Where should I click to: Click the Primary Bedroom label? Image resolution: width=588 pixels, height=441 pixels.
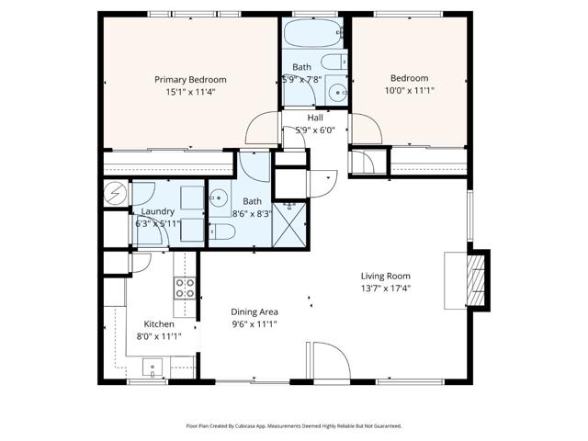[x=190, y=80]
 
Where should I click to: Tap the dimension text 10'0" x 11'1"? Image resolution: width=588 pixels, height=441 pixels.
[x=409, y=92]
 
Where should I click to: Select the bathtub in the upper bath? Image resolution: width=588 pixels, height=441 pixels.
[x=311, y=35]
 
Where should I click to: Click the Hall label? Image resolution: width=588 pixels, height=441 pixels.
[x=315, y=118]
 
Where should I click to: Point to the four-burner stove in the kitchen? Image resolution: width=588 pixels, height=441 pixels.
[x=185, y=289]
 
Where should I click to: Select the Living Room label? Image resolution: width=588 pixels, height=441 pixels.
[x=385, y=276]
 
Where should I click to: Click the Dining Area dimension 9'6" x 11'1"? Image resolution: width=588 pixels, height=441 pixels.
[x=254, y=323]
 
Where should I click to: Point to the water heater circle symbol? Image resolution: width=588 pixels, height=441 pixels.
[x=116, y=194]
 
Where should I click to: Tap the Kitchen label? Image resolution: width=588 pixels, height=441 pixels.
[x=159, y=323]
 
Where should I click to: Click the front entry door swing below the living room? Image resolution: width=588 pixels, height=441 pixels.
[x=327, y=360]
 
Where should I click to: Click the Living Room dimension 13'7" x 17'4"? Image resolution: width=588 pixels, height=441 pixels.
[x=385, y=288]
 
